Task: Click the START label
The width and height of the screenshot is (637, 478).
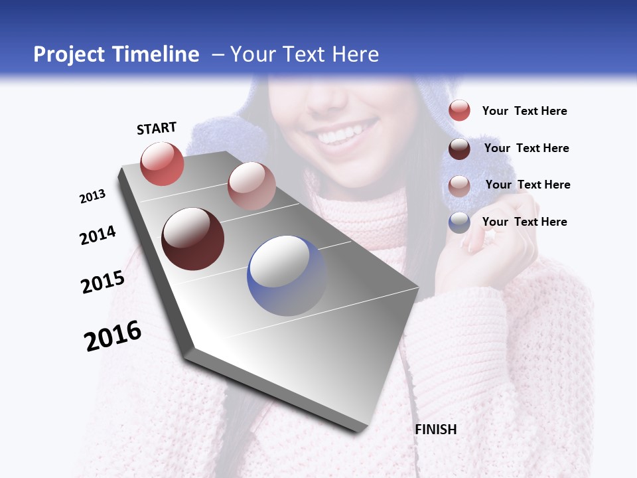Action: click(x=157, y=128)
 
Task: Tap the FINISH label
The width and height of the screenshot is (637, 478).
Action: click(x=436, y=430)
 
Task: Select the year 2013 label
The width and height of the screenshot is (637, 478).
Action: click(x=93, y=197)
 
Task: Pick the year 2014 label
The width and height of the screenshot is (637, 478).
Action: click(x=98, y=235)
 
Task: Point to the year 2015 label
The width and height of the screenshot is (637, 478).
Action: click(x=103, y=281)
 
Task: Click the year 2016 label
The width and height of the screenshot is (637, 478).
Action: click(x=113, y=335)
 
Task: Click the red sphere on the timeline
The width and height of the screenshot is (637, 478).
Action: click(x=162, y=164)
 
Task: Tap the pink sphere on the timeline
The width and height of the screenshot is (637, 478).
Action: click(x=251, y=186)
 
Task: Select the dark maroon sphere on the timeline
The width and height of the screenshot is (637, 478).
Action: click(x=193, y=239)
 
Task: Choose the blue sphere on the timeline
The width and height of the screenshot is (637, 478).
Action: click(x=287, y=276)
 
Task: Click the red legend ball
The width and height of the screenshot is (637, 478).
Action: click(x=459, y=111)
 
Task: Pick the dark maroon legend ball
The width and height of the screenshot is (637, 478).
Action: click(x=459, y=149)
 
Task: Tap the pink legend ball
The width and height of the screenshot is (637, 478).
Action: click(x=459, y=186)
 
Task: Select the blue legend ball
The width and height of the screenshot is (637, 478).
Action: click(x=459, y=222)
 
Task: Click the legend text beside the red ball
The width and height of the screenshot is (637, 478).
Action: click(x=524, y=111)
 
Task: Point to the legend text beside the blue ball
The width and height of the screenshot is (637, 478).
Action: click(x=524, y=222)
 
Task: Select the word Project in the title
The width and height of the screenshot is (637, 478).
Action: click(x=69, y=54)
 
